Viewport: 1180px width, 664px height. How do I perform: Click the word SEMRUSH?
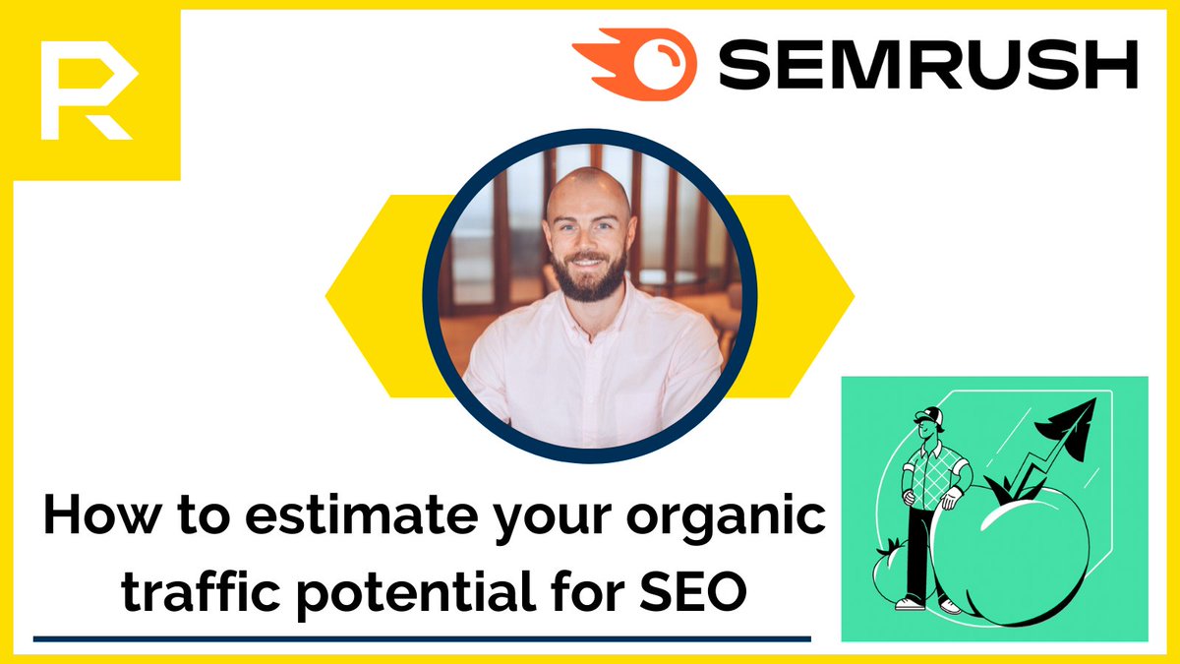click(x=934, y=68)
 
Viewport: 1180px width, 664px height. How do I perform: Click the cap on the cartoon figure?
click(x=930, y=416)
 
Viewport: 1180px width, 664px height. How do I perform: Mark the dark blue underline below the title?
click(x=422, y=638)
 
